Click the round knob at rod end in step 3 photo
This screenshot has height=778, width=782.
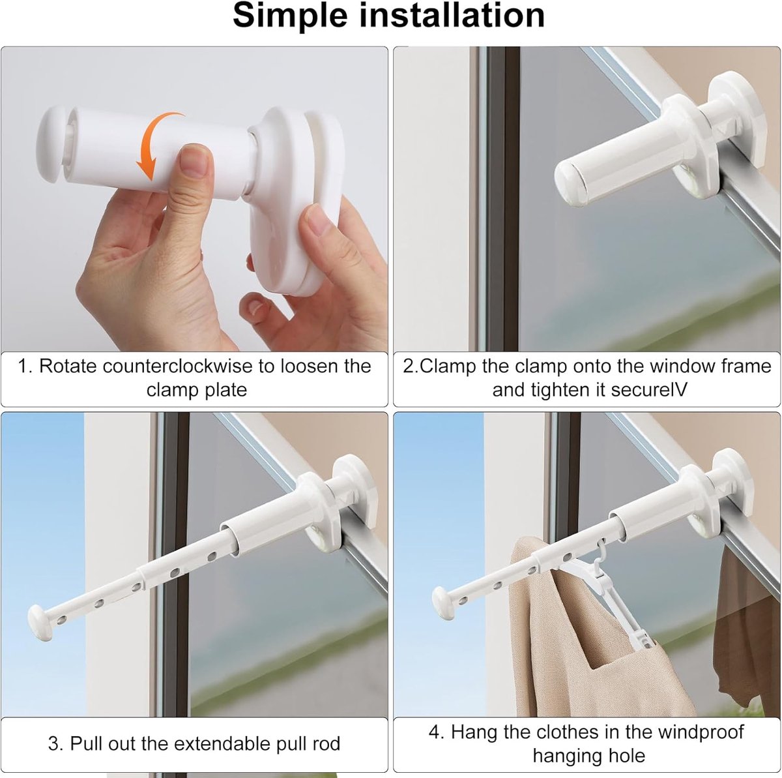pyautogui.click(x=40, y=623)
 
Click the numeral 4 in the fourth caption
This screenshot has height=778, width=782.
pyautogui.click(x=435, y=732)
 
